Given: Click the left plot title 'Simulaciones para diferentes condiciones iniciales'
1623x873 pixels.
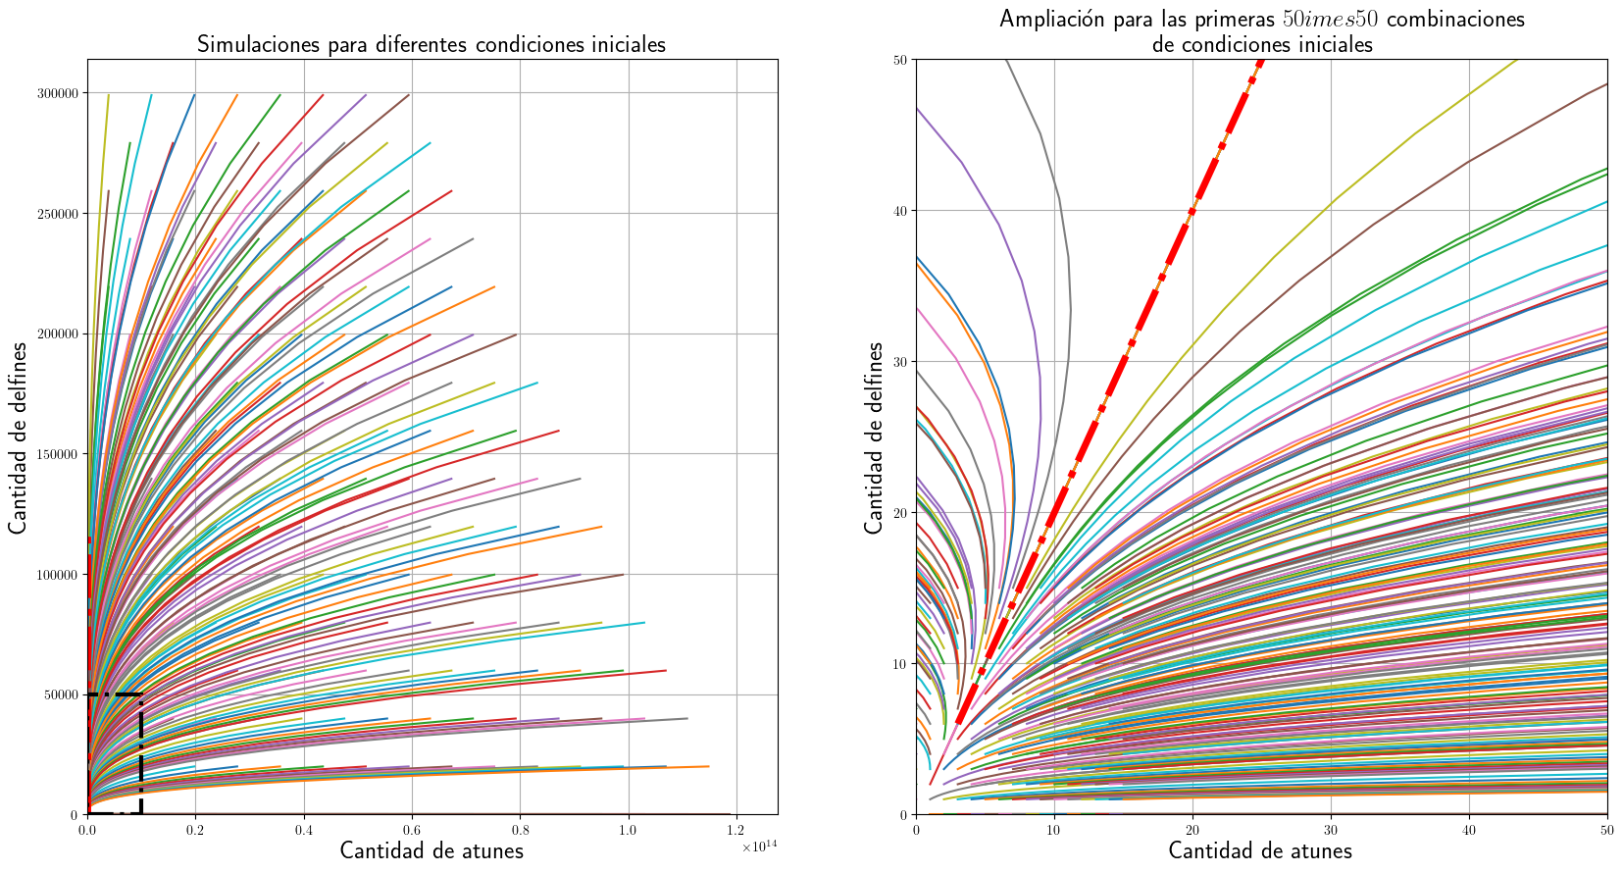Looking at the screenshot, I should coord(431,44).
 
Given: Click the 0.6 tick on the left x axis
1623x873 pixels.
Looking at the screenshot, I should coord(411,830).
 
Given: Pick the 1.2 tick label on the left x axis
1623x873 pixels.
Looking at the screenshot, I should coord(735,830).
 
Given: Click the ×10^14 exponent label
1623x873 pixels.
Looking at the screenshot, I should coord(759,847).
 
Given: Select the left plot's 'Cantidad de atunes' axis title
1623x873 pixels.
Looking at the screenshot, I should coord(431,850).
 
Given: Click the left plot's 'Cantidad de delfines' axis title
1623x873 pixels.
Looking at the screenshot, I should coord(19,437).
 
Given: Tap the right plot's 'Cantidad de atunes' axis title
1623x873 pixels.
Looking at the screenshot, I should coord(1260,850).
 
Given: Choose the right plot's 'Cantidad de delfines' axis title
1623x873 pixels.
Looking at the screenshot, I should coord(874,437).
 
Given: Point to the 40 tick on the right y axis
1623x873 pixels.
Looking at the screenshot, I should coord(900,211).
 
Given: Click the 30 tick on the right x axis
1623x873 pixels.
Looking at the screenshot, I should coord(1331,830).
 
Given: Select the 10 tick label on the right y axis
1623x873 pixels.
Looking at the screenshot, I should coord(900,664).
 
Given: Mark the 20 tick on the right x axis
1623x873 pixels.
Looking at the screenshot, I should coord(1192,830).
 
